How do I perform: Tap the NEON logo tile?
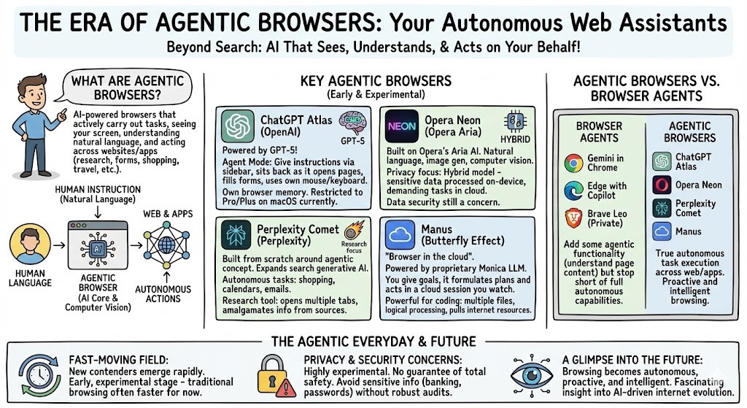coord(402,126)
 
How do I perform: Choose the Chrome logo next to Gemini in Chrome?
coord(574,163)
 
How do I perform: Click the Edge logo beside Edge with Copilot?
coord(574,190)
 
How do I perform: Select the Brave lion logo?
coord(574,218)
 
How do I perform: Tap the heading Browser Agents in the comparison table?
coord(599,131)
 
